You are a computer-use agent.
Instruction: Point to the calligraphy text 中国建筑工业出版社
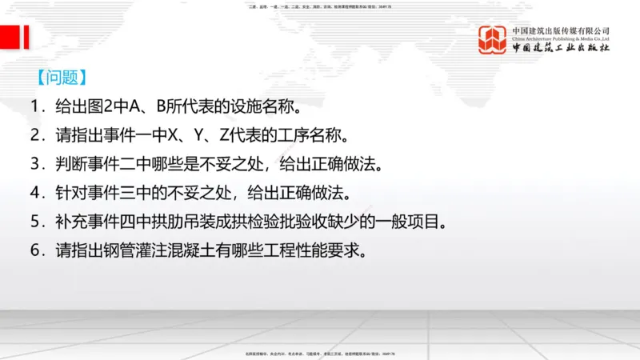pyautogui.click(x=561, y=47)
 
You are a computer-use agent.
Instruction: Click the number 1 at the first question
pyautogui.click(x=36, y=106)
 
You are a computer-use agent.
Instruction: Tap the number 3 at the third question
pyautogui.click(x=36, y=164)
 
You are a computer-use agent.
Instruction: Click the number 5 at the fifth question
pyautogui.click(x=36, y=222)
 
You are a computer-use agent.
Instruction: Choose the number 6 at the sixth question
pyautogui.click(x=36, y=250)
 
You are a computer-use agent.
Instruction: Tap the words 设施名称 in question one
pyautogui.click(x=263, y=106)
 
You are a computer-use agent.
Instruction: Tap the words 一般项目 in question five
pyautogui.click(x=415, y=222)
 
